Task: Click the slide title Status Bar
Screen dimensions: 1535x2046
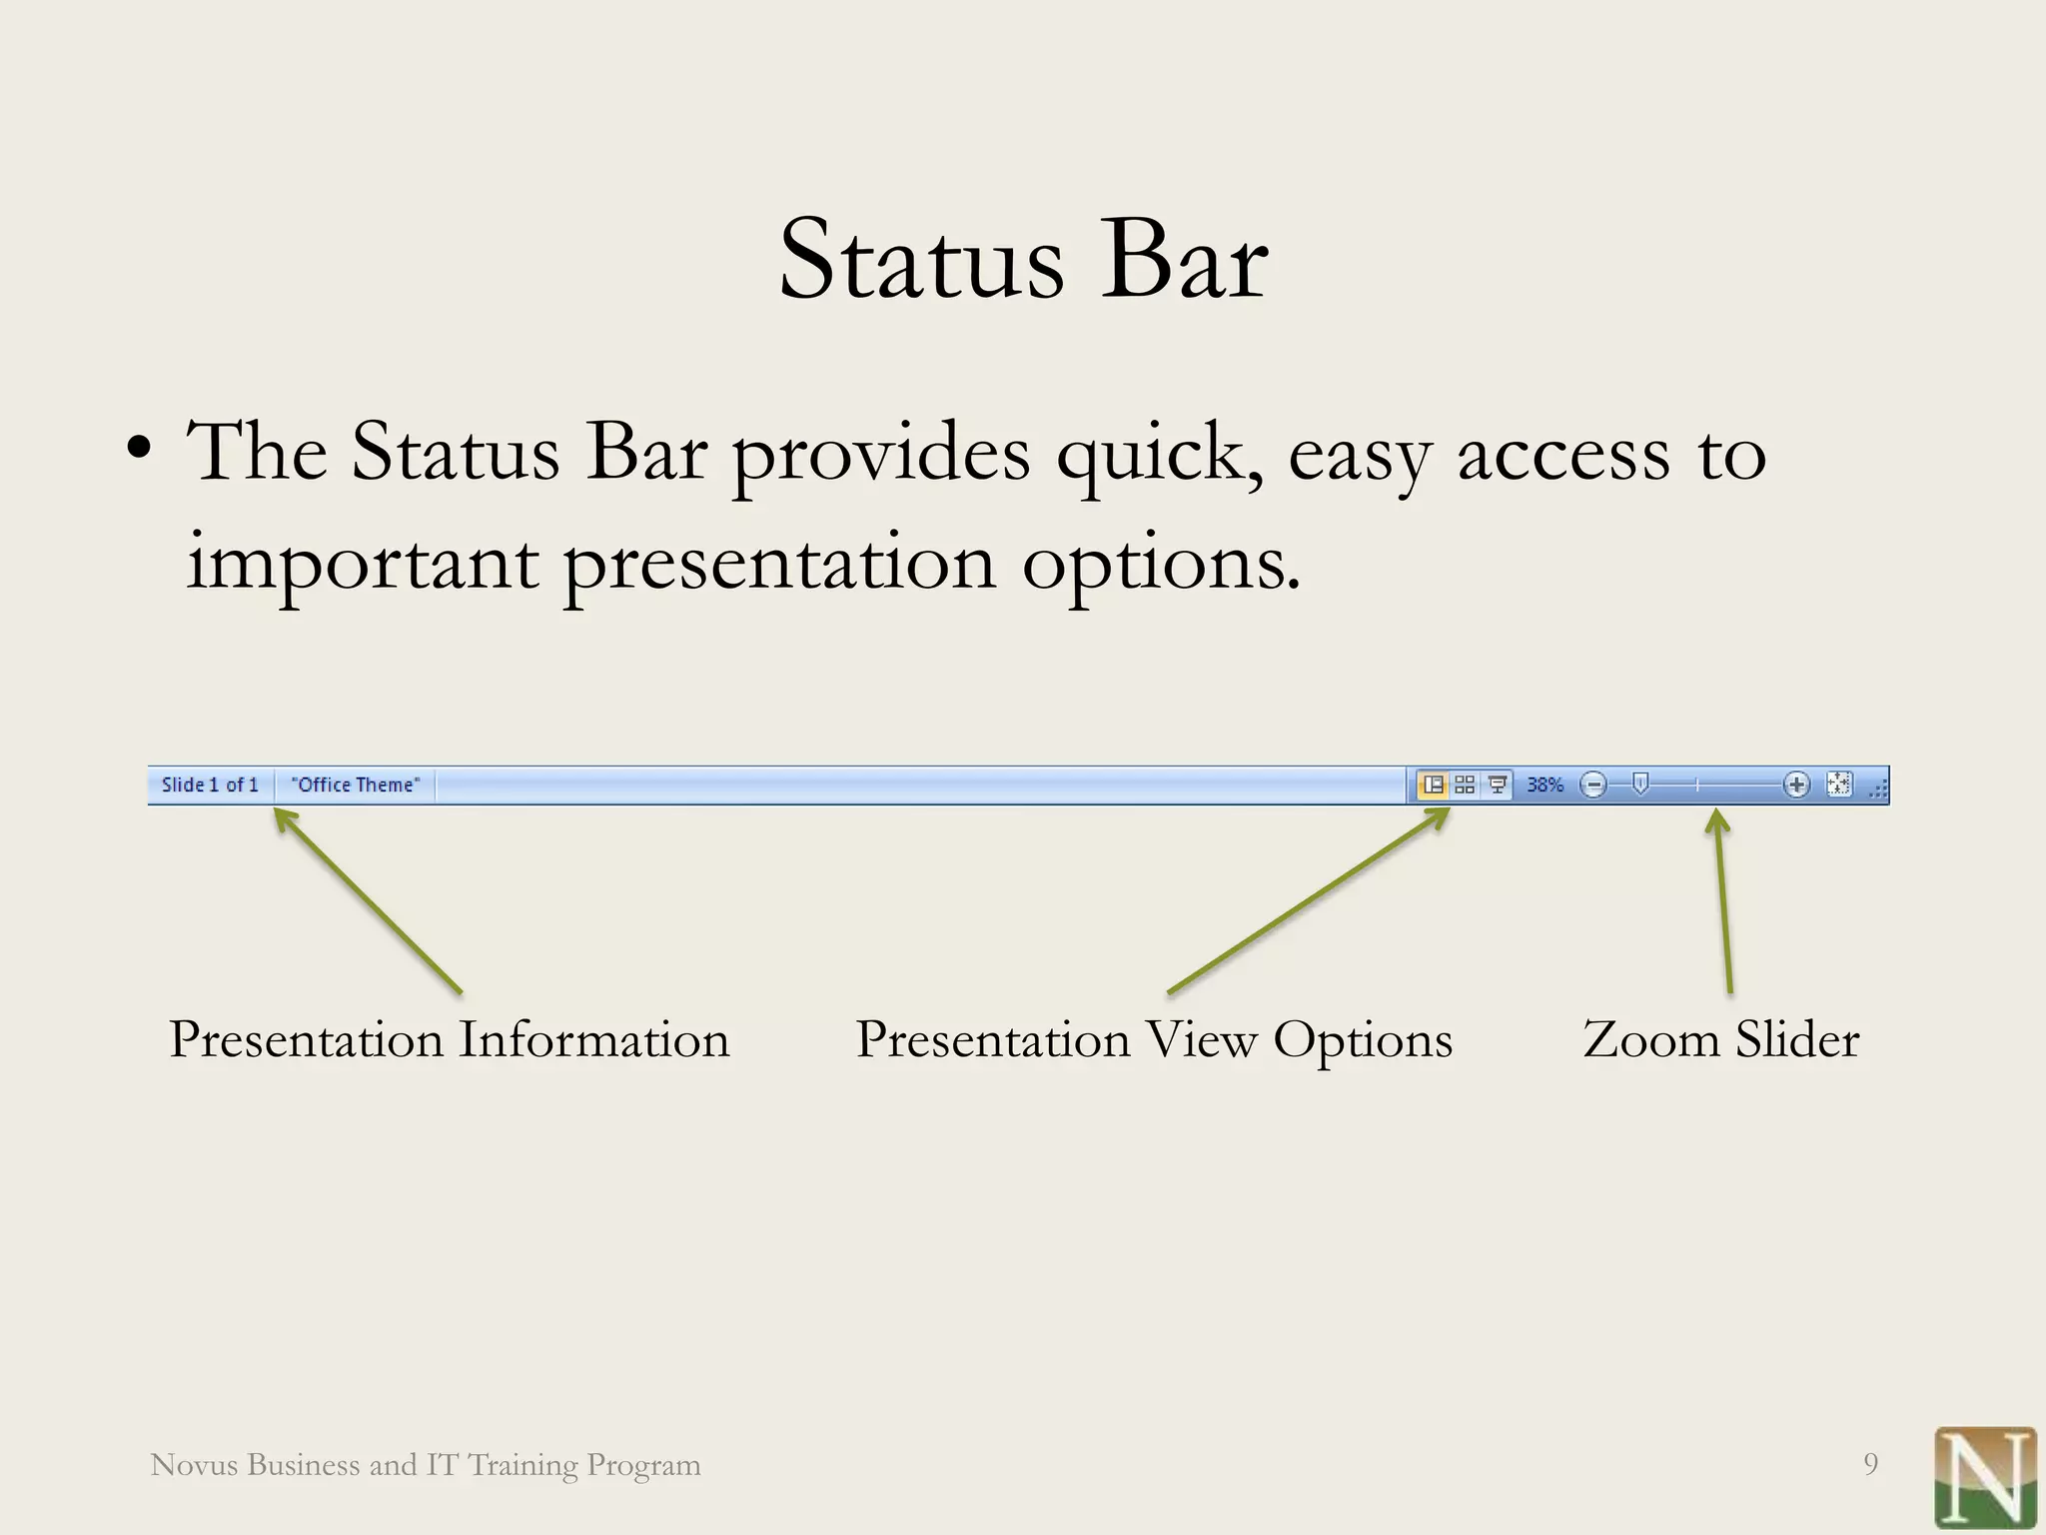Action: (x=1023, y=260)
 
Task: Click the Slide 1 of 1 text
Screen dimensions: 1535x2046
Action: (x=210, y=785)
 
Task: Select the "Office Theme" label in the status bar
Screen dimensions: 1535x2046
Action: (x=356, y=785)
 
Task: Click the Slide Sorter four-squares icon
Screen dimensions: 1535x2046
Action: (x=1465, y=785)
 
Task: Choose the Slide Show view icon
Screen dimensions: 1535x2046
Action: (x=1497, y=785)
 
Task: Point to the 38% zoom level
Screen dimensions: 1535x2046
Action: (x=1544, y=785)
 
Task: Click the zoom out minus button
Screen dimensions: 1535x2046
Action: (x=1594, y=785)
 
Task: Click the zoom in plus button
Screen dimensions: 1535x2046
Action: (x=1796, y=785)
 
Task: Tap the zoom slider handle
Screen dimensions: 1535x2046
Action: (x=1639, y=784)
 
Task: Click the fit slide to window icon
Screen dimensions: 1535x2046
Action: (x=1839, y=784)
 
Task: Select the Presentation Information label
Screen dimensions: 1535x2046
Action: (x=450, y=1039)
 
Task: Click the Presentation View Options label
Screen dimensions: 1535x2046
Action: (x=1154, y=1039)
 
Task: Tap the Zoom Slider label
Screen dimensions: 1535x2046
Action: (x=1721, y=1039)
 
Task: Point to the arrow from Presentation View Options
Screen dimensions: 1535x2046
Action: (x=1309, y=900)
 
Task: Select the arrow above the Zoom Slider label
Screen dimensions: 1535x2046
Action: (x=1723, y=900)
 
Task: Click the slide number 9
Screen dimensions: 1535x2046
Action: (x=1870, y=1464)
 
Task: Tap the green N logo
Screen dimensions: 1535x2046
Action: (x=1985, y=1477)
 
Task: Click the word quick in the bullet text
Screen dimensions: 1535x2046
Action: (x=1159, y=456)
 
